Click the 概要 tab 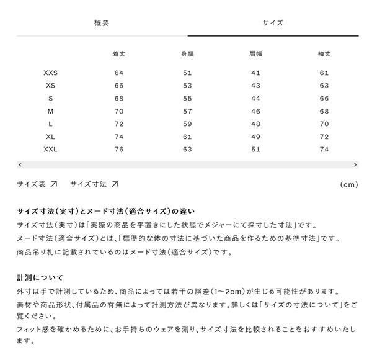pos(102,23)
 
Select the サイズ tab pos(272,23)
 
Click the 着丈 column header pos(119,54)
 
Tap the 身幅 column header pos(187,54)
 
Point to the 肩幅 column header pos(255,54)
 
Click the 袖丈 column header pos(324,54)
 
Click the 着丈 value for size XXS pos(119,73)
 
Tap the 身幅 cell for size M pos(187,111)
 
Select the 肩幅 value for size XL pos(255,137)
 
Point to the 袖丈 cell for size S pos(324,99)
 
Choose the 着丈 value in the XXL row pos(119,150)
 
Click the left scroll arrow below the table pos(20,165)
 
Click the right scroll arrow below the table pos(355,165)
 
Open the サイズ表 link pos(37,184)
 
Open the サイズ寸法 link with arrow pos(94,184)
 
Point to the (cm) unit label pos(349,185)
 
